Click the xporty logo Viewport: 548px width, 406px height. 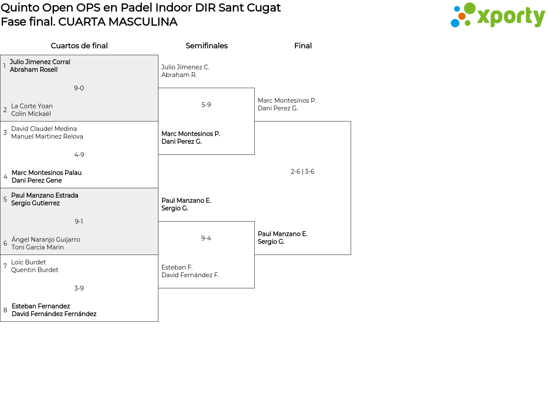click(x=497, y=15)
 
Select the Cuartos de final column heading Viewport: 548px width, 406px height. click(x=79, y=46)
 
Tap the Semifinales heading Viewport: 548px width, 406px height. click(x=206, y=46)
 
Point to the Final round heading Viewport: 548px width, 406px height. click(x=303, y=46)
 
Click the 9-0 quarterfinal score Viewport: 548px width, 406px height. click(x=79, y=88)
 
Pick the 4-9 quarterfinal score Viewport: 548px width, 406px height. click(x=79, y=155)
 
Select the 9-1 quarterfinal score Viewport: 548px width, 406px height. click(x=79, y=222)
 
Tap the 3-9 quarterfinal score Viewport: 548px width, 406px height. click(x=79, y=288)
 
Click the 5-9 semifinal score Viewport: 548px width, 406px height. click(x=206, y=105)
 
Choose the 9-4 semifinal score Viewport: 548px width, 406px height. click(x=206, y=238)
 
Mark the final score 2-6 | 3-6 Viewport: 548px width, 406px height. click(x=303, y=172)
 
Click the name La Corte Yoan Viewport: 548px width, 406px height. click(x=32, y=106)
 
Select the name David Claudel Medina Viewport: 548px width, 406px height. click(x=44, y=129)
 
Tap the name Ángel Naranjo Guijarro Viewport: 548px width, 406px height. click(x=46, y=240)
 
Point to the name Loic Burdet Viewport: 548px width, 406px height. click(x=29, y=262)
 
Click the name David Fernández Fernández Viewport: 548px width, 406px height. click(x=54, y=314)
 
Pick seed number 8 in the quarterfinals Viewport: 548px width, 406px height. click(x=5, y=310)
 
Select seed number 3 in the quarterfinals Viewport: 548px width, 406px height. click(x=5, y=133)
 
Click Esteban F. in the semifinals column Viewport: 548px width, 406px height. click(x=177, y=267)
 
